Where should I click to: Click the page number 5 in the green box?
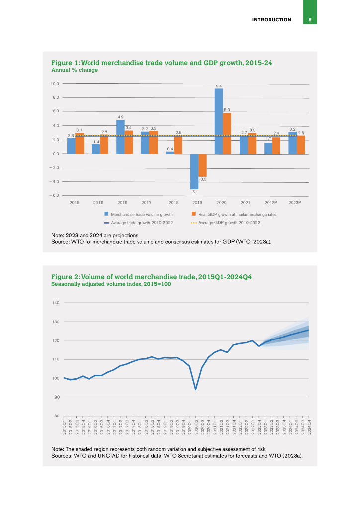point(310,20)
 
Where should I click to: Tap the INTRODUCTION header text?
point(271,20)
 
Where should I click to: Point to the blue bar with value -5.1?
point(194,171)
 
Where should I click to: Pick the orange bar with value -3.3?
point(202,165)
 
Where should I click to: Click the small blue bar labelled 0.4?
point(170,152)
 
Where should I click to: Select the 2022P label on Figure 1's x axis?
point(270,202)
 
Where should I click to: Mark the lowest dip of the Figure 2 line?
point(195,389)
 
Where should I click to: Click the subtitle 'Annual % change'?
point(75,70)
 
